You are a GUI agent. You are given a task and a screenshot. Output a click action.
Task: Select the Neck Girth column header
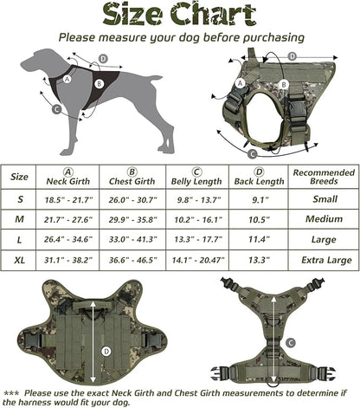[67, 176]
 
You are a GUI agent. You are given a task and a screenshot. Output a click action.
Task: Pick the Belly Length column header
[197, 176]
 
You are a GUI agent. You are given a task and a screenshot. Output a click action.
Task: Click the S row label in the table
[19, 199]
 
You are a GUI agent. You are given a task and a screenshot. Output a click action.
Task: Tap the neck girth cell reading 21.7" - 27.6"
[67, 219]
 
